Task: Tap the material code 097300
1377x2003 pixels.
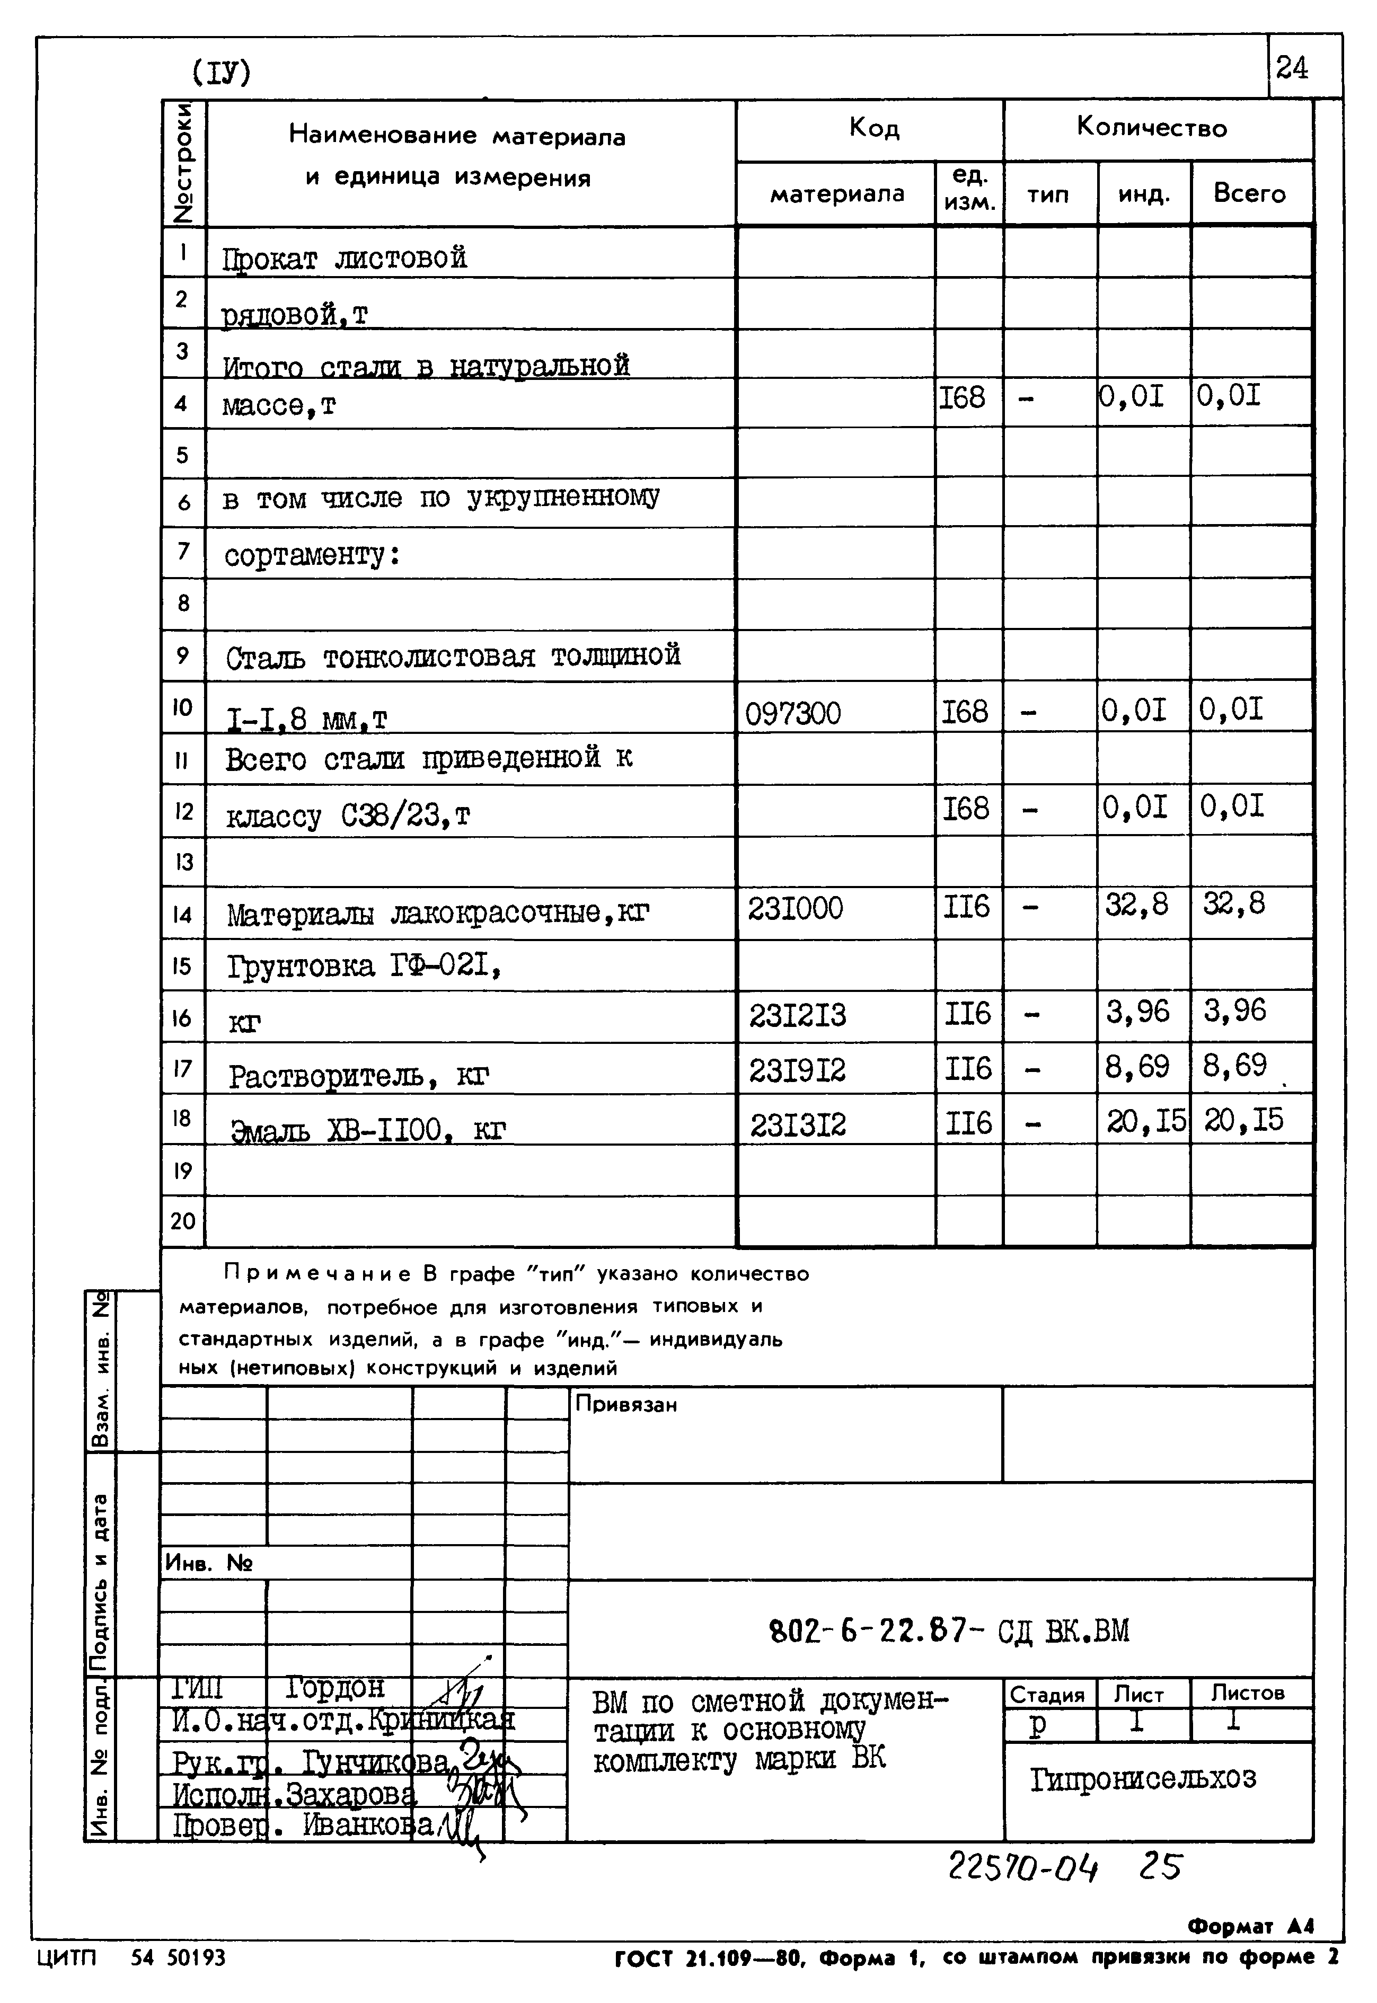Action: (x=793, y=713)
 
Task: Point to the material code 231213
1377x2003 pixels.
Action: (x=797, y=1014)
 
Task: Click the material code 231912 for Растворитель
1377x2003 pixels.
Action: (x=797, y=1070)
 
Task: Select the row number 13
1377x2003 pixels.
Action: (x=183, y=861)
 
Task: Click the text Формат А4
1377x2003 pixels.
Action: (x=1250, y=1926)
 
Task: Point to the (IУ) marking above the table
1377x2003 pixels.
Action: (x=221, y=73)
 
